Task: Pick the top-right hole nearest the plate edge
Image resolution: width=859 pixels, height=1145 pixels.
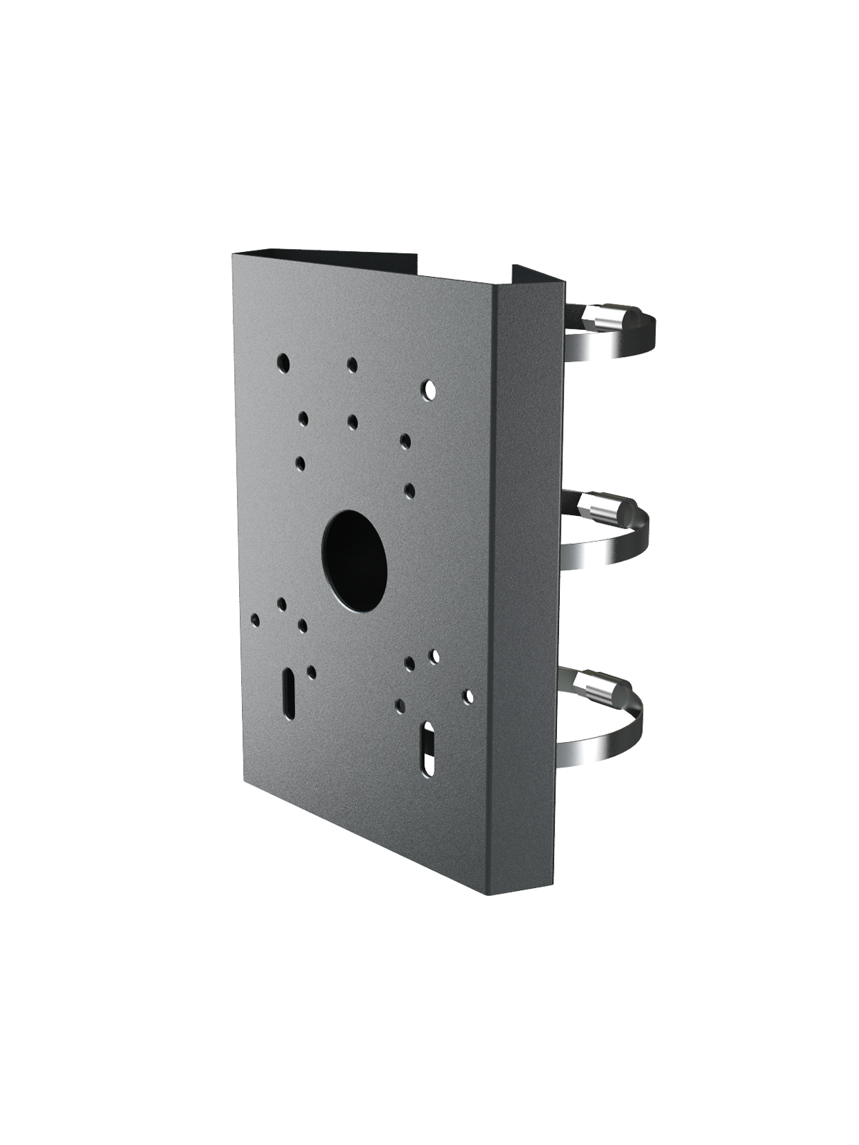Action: tap(428, 390)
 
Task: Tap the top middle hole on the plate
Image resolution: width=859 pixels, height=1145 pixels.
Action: tap(351, 366)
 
